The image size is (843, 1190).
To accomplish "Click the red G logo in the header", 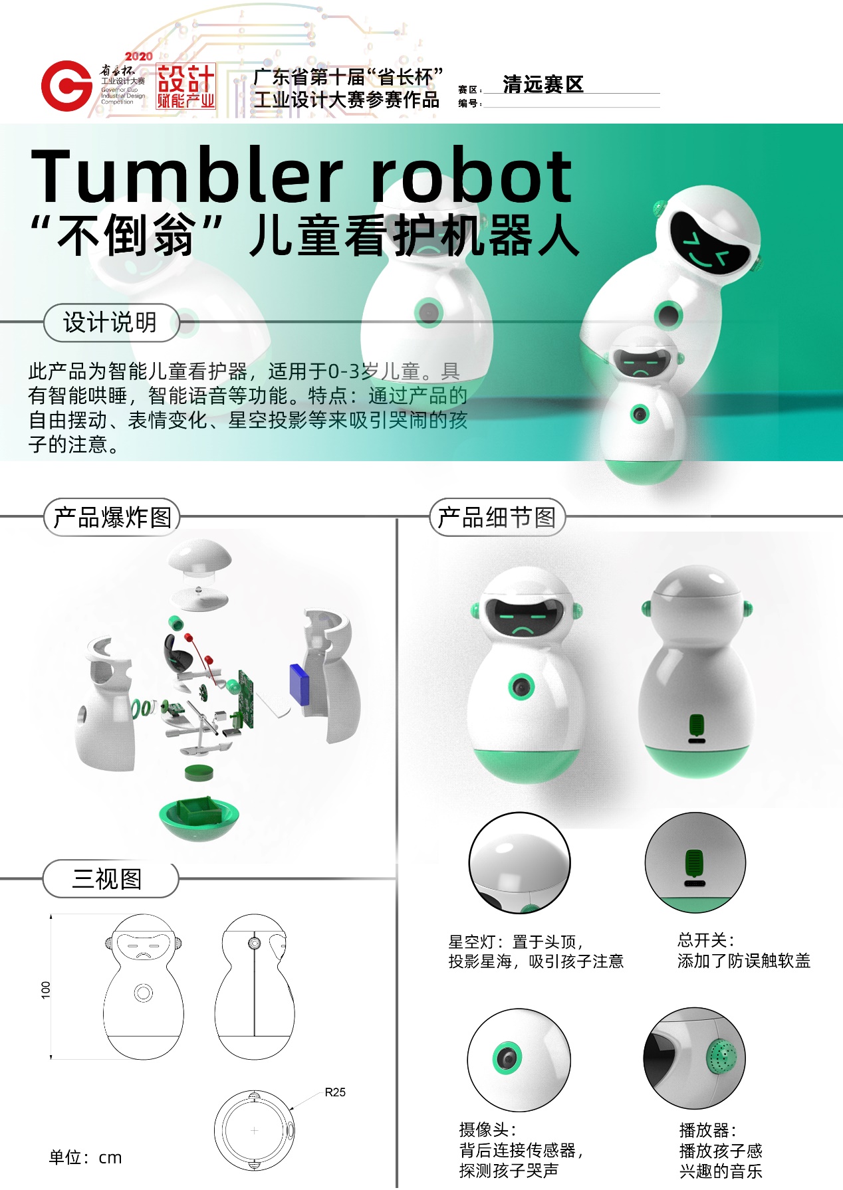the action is point(66,86).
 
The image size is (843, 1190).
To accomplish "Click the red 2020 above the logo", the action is point(138,56).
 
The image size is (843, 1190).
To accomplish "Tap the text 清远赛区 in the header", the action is point(543,84).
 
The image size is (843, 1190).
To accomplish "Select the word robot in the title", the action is point(471,175).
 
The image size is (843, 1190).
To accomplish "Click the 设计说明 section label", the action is point(110,323).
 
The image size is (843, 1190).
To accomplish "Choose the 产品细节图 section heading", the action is point(497,517).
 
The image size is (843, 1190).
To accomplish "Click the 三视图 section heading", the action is point(107,879).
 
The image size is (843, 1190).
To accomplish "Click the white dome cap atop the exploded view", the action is point(199,555).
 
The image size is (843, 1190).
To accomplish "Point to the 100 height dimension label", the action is point(46,989).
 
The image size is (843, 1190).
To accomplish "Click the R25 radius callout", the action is point(335,1092).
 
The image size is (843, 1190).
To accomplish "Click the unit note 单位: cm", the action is point(86,1157).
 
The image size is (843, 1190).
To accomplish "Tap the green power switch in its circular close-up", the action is point(695,862).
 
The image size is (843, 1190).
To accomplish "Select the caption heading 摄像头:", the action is point(488,1130).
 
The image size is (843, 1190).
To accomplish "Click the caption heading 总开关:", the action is point(706,940).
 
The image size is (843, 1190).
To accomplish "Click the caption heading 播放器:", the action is point(708,1130).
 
